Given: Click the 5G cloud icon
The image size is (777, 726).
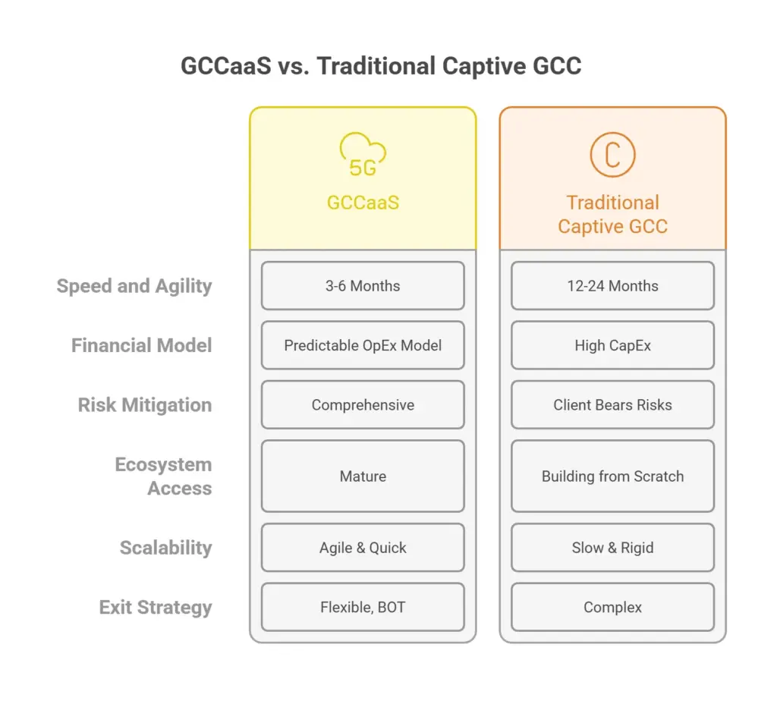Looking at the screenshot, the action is [x=363, y=155].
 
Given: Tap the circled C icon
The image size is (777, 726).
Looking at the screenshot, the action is [x=612, y=155].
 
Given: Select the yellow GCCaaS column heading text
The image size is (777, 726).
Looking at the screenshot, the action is [x=363, y=203].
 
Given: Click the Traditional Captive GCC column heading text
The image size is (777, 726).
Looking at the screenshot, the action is [x=612, y=215].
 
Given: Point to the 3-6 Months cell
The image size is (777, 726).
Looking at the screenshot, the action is [x=363, y=286].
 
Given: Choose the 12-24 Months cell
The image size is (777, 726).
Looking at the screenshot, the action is [x=612, y=286].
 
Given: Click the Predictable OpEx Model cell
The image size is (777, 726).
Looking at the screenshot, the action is [x=363, y=345].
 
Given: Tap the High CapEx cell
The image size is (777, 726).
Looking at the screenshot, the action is [x=612, y=345].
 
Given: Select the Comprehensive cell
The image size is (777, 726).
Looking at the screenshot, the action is [x=363, y=405].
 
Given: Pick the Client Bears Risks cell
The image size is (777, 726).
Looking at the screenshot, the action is [x=612, y=405].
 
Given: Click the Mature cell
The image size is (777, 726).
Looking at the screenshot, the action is [x=363, y=476].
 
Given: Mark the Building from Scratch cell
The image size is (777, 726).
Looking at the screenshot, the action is [x=612, y=476].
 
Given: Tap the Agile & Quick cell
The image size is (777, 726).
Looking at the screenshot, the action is [x=363, y=548].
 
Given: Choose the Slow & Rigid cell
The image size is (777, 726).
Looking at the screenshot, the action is [x=612, y=548].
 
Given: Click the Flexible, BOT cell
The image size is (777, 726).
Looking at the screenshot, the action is [x=363, y=607].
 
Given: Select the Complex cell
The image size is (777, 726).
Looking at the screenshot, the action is [x=612, y=607].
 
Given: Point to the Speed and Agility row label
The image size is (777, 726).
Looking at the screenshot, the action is [x=134, y=287].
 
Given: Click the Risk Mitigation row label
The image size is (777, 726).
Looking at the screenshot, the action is [x=145, y=405].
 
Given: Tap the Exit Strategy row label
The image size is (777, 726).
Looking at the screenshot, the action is [x=156, y=608].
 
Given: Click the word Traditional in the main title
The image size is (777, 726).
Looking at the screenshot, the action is [x=376, y=66].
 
